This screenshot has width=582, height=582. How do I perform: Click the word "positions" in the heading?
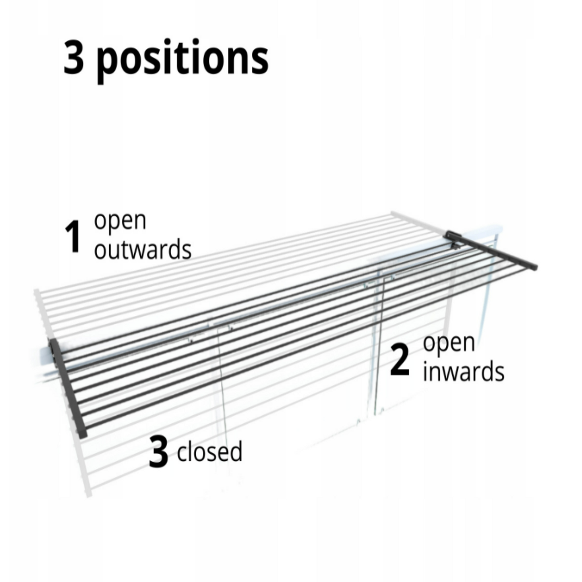pos(182,61)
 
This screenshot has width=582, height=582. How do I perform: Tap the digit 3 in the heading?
pos(74,57)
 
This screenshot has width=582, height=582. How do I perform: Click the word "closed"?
pos(209,451)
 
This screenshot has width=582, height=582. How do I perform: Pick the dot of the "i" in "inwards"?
pos(425,364)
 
